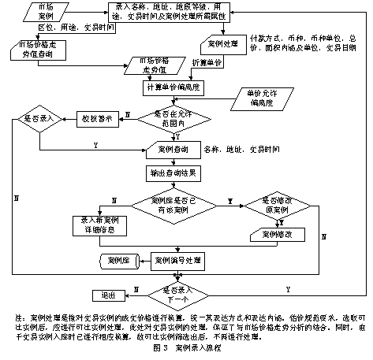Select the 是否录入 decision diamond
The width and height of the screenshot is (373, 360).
point(39,122)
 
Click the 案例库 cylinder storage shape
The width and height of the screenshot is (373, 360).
point(119,260)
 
